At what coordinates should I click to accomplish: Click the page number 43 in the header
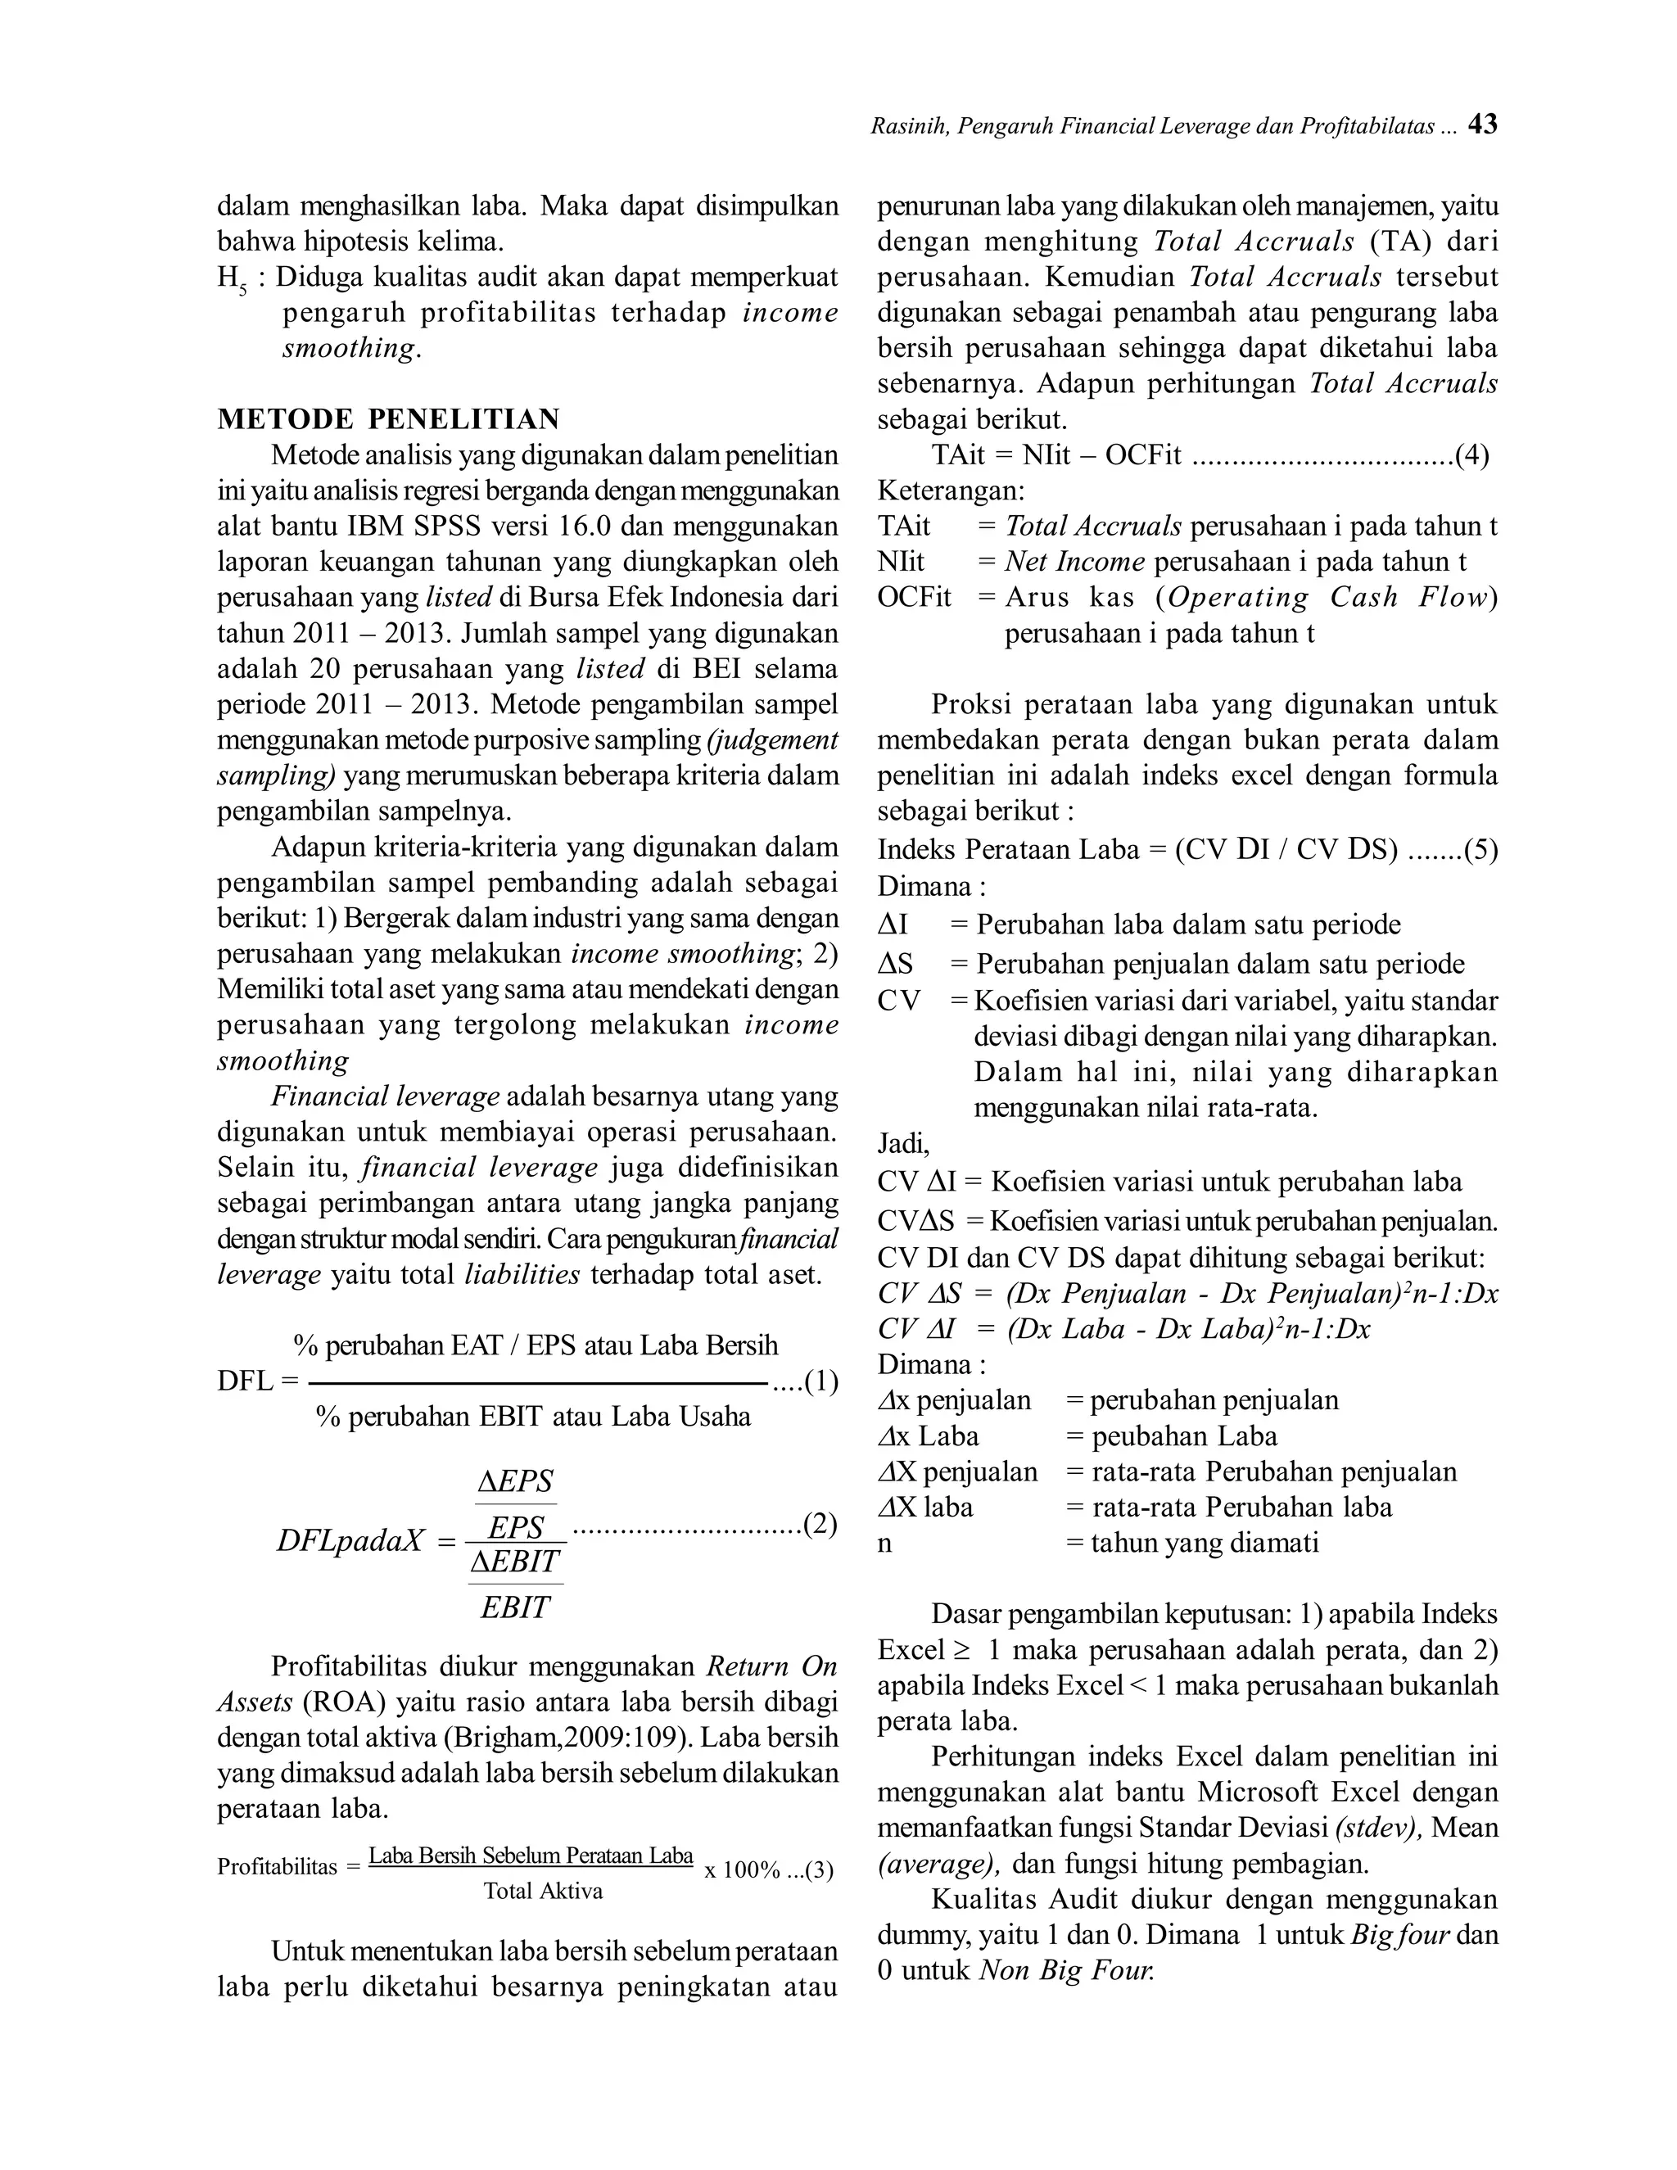pos(1482,124)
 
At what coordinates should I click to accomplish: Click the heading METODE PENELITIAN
pos(388,418)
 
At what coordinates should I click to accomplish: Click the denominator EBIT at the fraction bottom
pos(514,1607)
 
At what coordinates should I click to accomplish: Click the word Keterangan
pos(950,491)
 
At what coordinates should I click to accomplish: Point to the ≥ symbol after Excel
pos(961,1650)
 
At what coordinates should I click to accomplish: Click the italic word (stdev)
pos(1378,1827)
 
